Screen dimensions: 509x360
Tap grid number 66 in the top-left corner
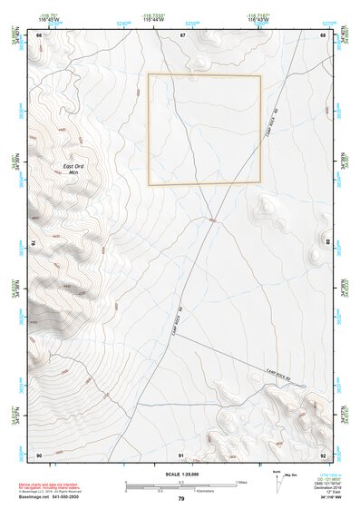39,35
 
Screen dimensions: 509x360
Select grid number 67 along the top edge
182,35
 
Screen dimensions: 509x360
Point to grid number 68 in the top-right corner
324,35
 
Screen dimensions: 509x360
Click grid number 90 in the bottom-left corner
39,454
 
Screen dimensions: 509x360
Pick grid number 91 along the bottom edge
181,454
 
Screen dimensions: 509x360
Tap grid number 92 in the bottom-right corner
324,454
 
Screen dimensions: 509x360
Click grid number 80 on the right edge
327,243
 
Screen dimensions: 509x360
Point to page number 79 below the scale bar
181,499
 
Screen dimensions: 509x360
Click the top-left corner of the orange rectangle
149,75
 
